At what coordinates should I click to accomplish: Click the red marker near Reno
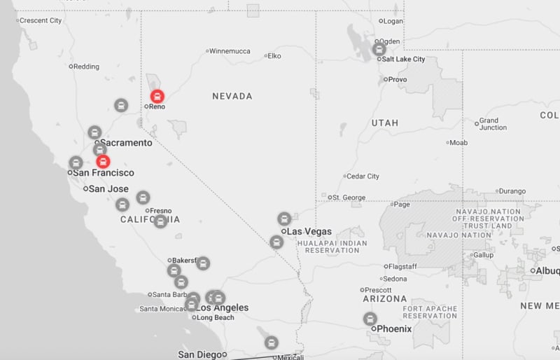[157, 96]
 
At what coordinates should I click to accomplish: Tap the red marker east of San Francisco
[103, 162]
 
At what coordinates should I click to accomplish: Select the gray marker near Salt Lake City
[379, 49]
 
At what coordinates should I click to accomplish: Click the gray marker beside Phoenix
[370, 319]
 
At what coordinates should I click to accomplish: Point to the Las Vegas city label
[310, 231]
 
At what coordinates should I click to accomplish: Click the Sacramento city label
[126, 143]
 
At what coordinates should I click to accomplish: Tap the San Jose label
[108, 188]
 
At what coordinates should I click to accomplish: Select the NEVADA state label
[232, 96]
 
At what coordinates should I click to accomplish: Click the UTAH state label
[385, 123]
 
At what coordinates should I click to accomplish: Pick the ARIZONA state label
[385, 298]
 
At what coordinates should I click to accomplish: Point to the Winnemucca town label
[230, 51]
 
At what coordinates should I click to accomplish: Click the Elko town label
[274, 55]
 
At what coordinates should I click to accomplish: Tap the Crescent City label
[41, 20]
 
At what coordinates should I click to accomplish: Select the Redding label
[86, 67]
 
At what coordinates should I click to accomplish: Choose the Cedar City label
[363, 176]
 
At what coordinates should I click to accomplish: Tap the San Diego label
[199, 354]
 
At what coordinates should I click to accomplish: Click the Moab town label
[458, 142]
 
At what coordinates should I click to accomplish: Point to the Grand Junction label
[493, 124]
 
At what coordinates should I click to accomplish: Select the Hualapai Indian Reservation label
[332, 247]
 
